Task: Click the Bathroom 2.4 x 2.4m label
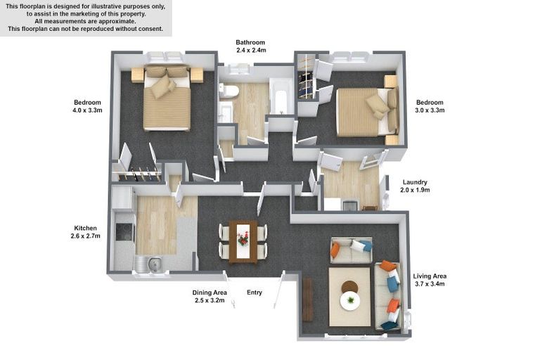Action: point(251,46)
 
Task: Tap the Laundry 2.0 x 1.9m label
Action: point(415,186)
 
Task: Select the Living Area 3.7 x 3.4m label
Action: point(430,280)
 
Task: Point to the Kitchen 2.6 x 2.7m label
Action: point(85,232)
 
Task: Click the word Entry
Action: point(255,292)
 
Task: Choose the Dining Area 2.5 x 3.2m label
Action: point(210,296)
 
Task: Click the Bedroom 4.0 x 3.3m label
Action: point(87,106)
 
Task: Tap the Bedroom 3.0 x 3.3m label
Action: point(430,106)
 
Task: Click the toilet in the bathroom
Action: point(229,91)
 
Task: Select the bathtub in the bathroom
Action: point(281,98)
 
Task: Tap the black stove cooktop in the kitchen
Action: point(124,232)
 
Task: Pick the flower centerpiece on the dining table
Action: point(243,238)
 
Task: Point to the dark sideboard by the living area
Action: point(307,300)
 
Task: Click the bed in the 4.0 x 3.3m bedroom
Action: point(167,98)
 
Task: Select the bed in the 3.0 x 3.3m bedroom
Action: point(367,112)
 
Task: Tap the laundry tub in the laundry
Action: point(351,205)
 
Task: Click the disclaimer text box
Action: point(86,18)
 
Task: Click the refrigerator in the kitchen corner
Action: point(122,198)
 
